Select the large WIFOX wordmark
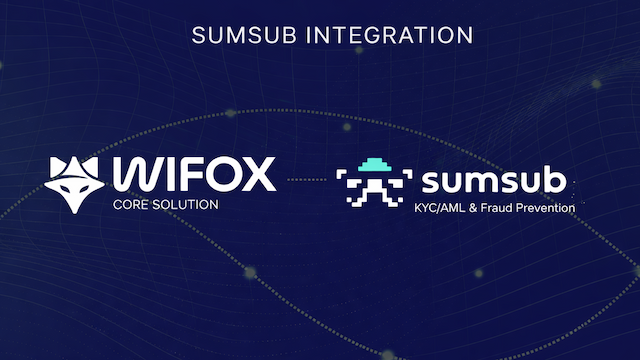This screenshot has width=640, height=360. pos(194,175)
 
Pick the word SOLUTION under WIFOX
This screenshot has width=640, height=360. pos(185,205)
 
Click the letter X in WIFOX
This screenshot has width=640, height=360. pos(257,175)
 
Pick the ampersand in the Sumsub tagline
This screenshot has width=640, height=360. pos(476,209)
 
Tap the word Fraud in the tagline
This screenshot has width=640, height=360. pos(497,209)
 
